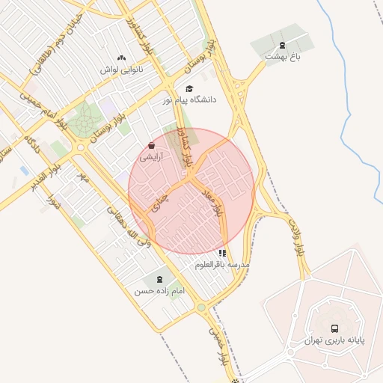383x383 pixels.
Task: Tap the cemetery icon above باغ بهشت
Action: click(282, 45)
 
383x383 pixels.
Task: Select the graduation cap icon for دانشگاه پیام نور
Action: click(189, 88)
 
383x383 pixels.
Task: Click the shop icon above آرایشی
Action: click(152, 146)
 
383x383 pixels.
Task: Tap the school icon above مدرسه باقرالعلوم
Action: click(222, 253)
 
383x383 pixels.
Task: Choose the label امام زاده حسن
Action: click(159, 290)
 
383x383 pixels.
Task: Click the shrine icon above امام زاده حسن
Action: click(159, 278)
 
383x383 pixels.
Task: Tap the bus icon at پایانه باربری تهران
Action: click(334, 328)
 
